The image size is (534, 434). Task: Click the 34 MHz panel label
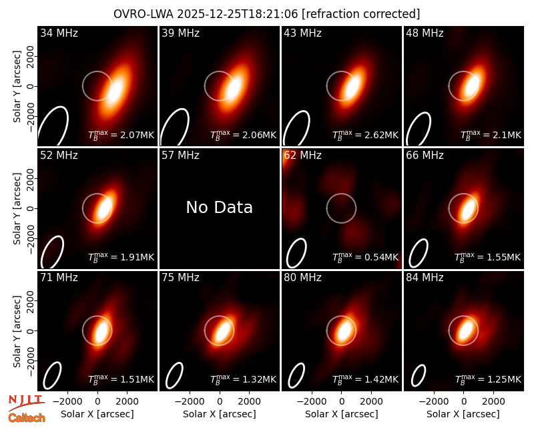point(59,33)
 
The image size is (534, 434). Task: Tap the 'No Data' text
point(220,207)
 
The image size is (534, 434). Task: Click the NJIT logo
point(26,403)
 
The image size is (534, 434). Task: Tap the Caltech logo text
point(27,418)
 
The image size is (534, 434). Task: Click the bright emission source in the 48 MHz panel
point(472,85)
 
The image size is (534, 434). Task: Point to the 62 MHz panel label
point(302,156)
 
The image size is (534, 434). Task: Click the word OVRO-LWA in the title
point(144,14)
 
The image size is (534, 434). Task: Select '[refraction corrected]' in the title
point(360,14)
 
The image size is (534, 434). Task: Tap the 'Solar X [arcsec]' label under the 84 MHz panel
point(463,414)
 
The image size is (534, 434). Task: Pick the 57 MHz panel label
point(180,156)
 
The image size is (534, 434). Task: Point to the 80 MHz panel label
point(302,278)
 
